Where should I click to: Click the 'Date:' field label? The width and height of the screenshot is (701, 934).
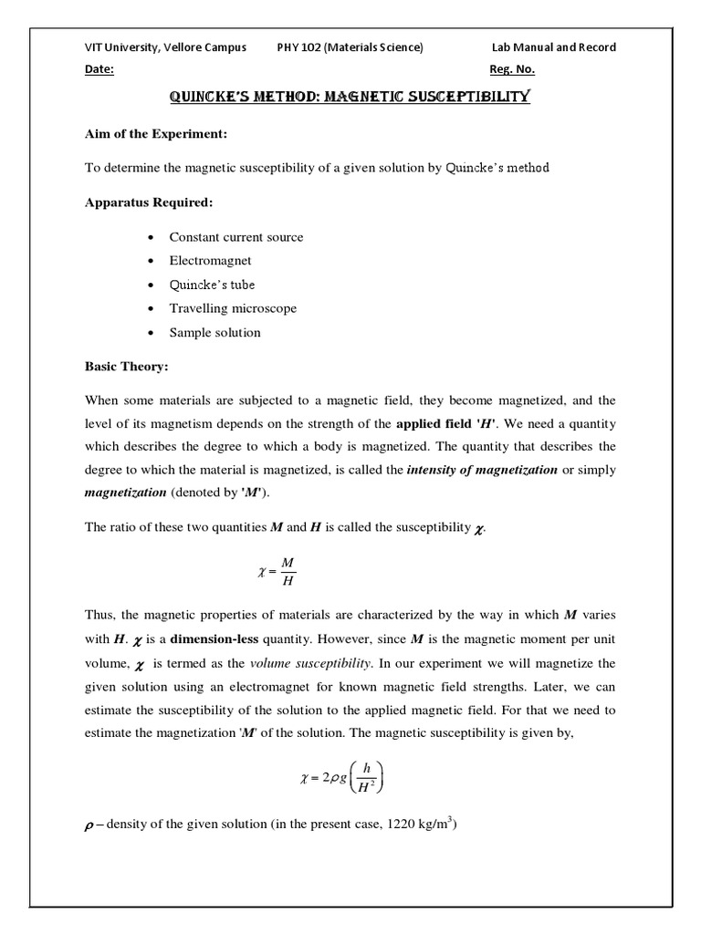point(99,70)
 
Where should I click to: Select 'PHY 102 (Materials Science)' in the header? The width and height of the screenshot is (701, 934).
point(350,47)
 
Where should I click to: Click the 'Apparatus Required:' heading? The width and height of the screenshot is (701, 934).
point(147,202)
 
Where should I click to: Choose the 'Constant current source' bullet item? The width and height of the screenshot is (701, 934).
point(235,237)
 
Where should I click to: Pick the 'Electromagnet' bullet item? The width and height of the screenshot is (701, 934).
point(210,261)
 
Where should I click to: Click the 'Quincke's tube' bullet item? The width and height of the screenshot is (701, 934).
point(212,285)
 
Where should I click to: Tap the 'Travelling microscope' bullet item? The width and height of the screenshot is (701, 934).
point(233,308)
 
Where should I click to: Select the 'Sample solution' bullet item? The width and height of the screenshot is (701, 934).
point(214,332)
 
